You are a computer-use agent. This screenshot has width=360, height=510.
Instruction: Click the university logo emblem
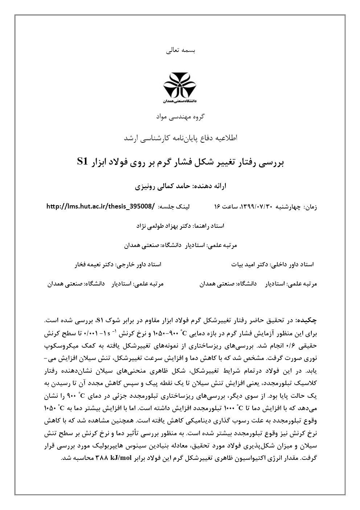[180, 85]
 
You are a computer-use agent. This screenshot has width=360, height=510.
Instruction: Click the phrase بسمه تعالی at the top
[180, 50]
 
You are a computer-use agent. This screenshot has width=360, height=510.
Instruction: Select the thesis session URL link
[101, 207]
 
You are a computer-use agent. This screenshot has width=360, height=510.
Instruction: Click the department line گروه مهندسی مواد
[180, 117]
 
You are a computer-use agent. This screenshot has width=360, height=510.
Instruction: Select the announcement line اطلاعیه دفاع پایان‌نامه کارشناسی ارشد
[180, 138]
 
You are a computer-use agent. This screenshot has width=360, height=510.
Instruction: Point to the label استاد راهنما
[209, 226]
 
